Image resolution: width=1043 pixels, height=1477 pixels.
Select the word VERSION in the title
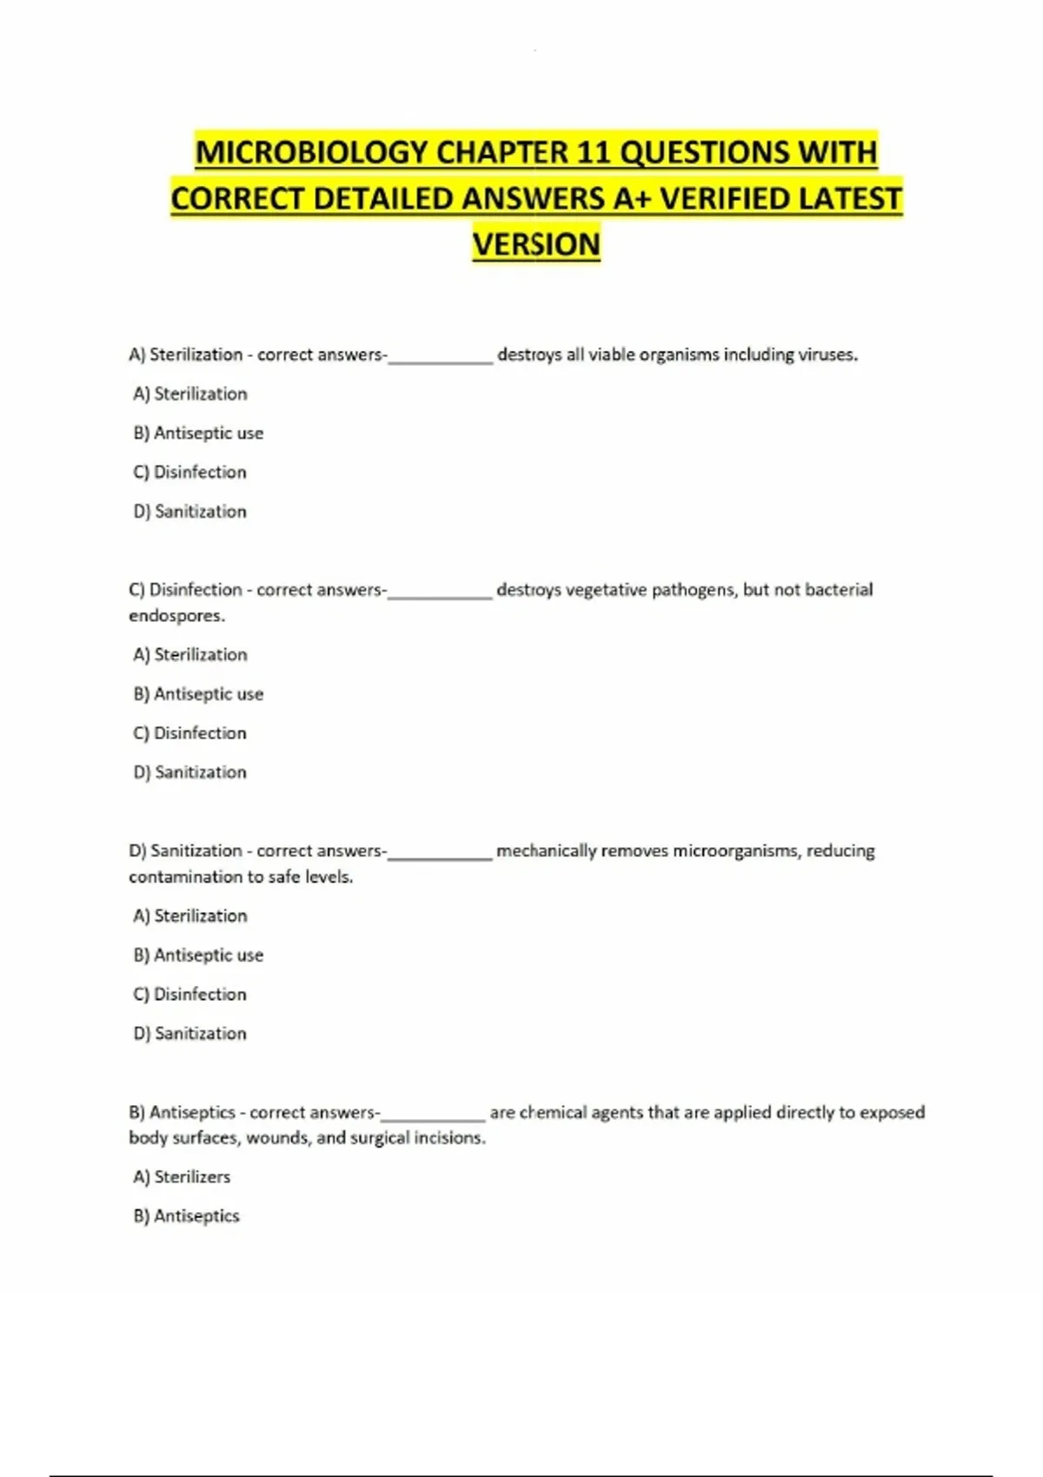coord(536,244)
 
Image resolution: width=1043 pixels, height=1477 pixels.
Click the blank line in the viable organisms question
coord(441,357)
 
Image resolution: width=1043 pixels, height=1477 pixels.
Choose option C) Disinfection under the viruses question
coord(190,472)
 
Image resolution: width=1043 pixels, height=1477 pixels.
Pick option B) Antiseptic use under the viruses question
coord(198,433)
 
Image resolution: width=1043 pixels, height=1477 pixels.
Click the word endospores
coord(176,615)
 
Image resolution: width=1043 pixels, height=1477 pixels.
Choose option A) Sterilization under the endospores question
coord(190,654)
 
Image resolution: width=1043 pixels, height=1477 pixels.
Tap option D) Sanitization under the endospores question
coord(190,772)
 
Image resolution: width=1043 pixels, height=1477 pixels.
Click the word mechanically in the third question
coord(546,851)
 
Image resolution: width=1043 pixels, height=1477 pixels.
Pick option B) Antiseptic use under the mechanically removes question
coord(198,955)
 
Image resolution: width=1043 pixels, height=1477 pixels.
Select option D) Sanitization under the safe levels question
coord(190,1033)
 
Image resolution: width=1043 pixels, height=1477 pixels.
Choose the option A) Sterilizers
coord(182,1176)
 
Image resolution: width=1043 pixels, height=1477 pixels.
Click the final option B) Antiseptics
coord(186,1215)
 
